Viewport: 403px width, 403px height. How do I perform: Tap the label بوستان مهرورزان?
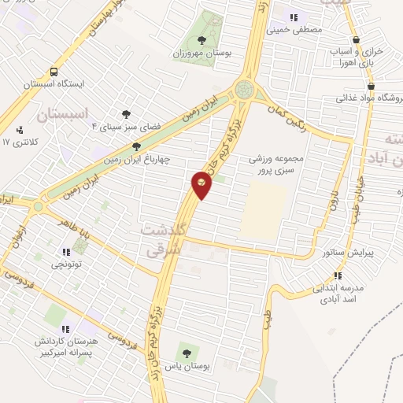tap(202, 54)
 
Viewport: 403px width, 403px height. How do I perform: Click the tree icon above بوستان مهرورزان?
tap(202, 39)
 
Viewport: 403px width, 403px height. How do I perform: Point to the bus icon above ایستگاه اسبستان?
tap(54, 69)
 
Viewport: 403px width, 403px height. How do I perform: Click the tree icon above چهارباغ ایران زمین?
tap(137, 146)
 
